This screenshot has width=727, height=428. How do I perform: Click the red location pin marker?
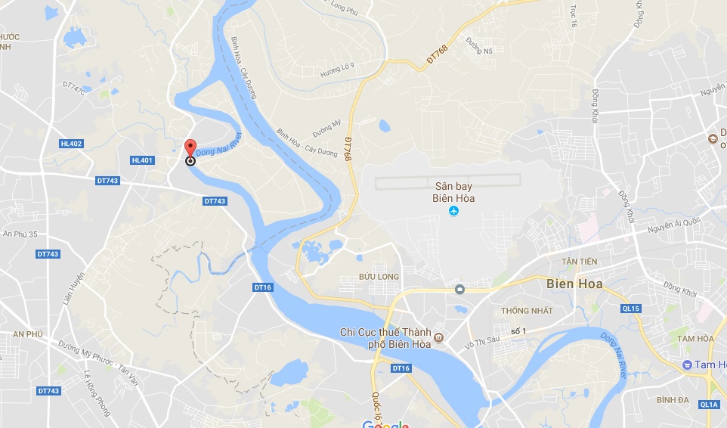coord(190,147)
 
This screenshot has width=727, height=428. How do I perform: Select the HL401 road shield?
coord(141,160)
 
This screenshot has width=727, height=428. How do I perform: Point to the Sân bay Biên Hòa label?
coord(454,191)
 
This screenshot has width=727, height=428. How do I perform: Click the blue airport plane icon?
coord(454,210)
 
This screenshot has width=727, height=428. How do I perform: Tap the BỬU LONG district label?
coord(379,278)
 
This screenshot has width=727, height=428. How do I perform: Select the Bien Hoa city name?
coord(572,285)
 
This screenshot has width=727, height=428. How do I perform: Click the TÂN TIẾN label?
coord(579,261)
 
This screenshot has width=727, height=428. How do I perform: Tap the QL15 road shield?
coord(631,309)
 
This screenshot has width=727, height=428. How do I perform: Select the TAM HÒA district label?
coord(695,339)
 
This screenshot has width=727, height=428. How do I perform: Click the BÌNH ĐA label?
coord(675,399)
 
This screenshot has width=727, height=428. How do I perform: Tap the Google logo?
coord(385,424)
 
